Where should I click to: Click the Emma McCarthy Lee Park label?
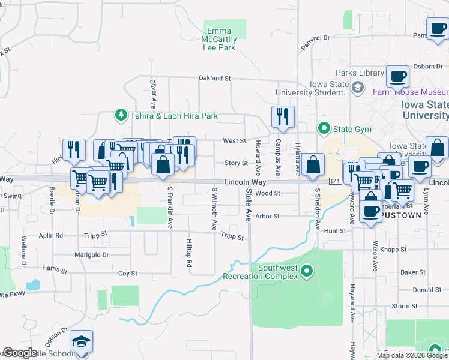pos(221,39)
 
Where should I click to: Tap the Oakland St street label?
pos(215,78)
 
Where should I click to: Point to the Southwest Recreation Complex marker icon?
pos(307,272)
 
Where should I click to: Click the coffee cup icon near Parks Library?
pos(397,77)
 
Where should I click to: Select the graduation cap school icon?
pos(81,343)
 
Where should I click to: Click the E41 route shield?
pos(336,181)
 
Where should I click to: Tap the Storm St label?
pos(400,306)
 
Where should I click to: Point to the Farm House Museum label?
pos(411,92)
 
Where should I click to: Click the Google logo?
pos(20,353)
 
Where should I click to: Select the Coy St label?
pos(128,273)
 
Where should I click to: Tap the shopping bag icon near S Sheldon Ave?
pos(313,164)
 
